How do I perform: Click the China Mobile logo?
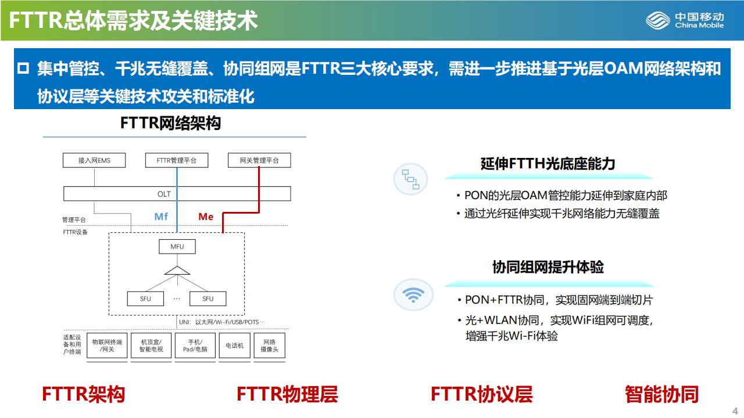pos(685,20)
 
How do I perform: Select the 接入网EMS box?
pos(94,160)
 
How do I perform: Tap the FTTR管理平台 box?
pos(177,160)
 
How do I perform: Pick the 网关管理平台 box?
pos(259,160)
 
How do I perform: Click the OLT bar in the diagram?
pos(177,194)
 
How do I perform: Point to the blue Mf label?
pos(161,217)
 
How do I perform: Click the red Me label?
pos(206,217)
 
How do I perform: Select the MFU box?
pos(177,247)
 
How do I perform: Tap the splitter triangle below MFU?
pos(177,270)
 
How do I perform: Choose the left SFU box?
pos(145,299)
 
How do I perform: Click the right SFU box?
pos(208,299)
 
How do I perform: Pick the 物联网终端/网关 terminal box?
pos(107,345)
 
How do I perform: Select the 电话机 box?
pos(235,345)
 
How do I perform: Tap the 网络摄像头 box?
pos(270,345)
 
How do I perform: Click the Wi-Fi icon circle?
pos(413,295)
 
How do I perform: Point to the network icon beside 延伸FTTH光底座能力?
pos(411,179)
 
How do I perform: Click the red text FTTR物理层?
pos(287,394)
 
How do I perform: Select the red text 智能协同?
pos(661,394)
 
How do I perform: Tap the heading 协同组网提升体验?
pos(548,267)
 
